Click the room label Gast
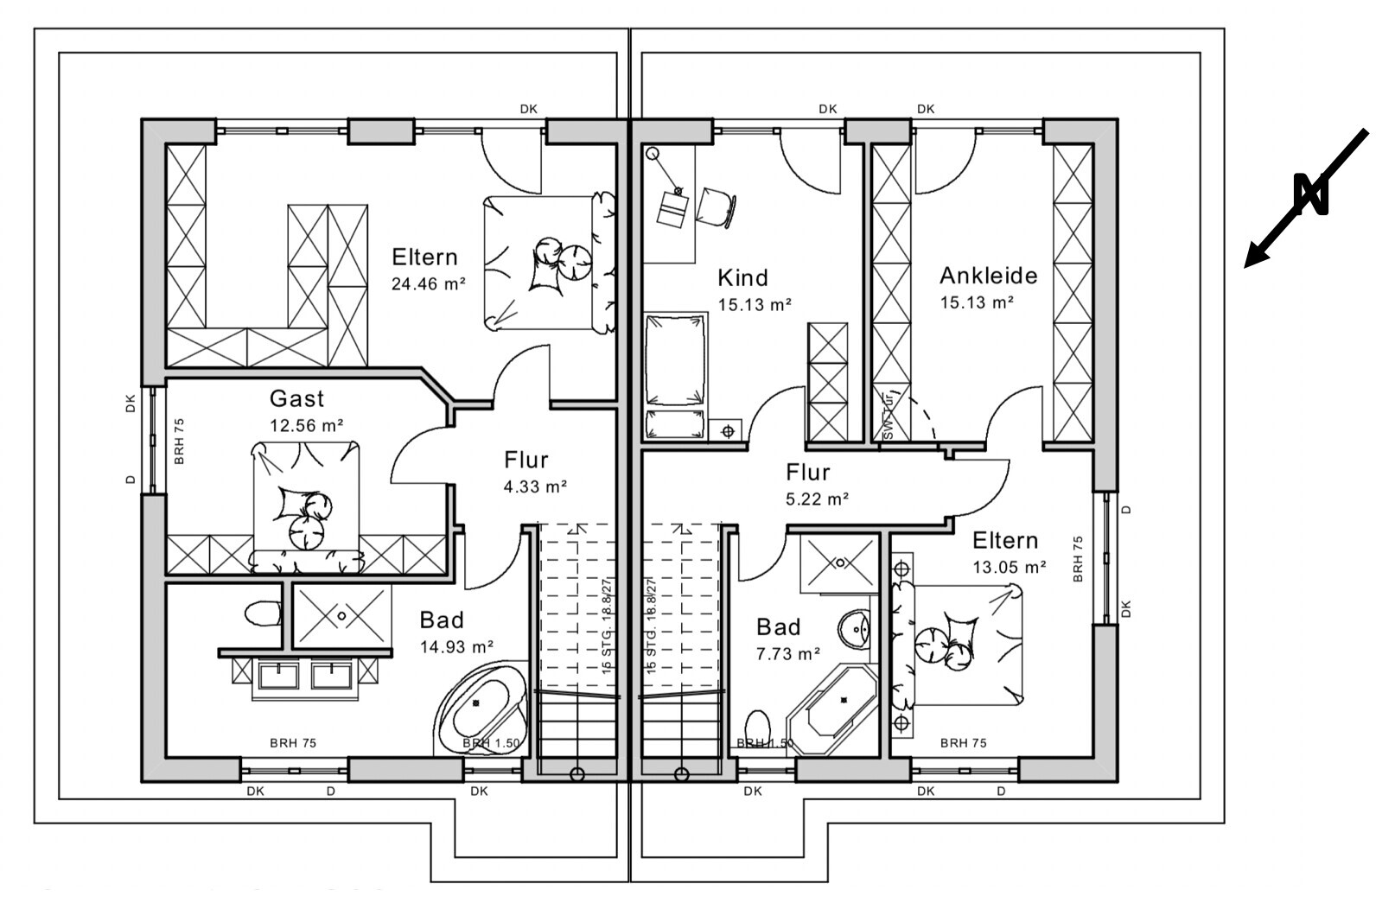pos(296,398)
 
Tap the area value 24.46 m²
pos(429,283)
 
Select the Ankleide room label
pos(988,276)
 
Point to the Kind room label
pos(742,277)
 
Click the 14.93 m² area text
pos(456,646)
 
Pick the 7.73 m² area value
pos(787,654)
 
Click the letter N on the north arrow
pos(1310,194)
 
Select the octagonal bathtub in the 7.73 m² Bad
pos(832,709)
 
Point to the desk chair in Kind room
pos(717,206)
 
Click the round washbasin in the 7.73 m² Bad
pos(857,626)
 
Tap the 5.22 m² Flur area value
pos(817,499)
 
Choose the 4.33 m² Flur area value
pos(535,486)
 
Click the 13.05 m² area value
pos(1010,567)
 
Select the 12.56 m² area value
pos(307,425)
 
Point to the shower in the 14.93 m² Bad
pos(342,616)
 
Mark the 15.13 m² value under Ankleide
pos(977,302)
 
